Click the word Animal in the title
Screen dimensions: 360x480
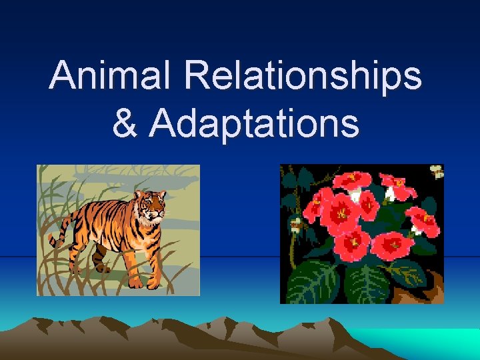(111, 76)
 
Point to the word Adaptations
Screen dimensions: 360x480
(254, 123)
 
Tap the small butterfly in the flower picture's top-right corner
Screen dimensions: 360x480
(436, 172)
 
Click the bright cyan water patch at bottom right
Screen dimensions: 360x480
(427, 343)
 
